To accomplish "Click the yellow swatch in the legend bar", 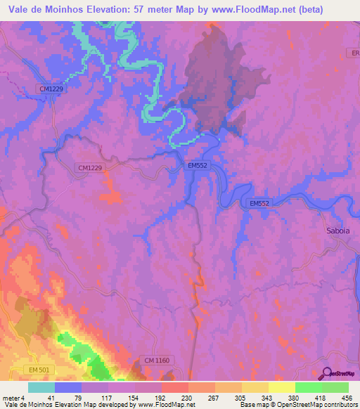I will tap(281, 387).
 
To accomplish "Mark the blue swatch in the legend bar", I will tap(68, 387).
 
